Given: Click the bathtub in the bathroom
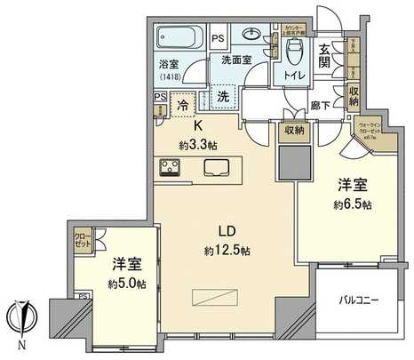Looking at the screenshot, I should click(x=182, y=39).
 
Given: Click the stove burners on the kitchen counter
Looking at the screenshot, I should click(x=169, y=167).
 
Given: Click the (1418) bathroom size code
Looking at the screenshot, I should click(x=169, y=77).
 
